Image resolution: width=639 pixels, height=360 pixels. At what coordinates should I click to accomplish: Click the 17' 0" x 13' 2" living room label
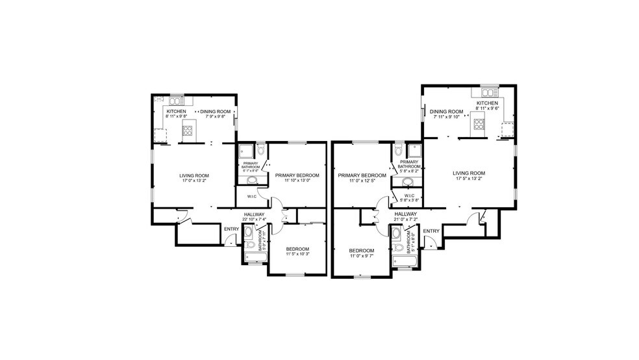tap(194, 178)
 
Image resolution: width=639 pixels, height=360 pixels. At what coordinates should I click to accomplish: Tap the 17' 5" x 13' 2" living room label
tap(469, 175)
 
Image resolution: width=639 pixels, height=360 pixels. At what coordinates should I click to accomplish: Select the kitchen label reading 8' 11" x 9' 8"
tap(175, 114)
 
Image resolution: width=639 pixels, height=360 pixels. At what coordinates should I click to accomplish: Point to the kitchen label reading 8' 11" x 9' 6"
tap(487, 107)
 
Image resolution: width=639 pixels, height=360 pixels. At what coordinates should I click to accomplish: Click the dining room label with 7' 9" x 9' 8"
tap(214, 114)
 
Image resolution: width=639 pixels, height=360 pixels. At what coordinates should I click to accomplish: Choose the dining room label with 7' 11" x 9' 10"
tap(446, 114)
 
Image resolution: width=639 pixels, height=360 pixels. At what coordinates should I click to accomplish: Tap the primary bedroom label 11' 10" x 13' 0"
tap(297, 178)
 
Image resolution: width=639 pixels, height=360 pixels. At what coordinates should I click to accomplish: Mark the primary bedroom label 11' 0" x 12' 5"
tap(361, 178)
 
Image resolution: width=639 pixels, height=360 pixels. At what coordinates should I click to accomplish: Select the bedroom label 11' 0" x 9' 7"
tap(361, 253)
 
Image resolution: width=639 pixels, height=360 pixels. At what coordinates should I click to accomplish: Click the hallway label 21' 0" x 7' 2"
tap(405, 216)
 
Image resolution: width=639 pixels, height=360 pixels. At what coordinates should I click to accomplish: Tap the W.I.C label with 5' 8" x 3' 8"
tap(409, 198)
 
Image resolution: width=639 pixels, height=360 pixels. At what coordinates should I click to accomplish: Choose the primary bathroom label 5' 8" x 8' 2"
tap(408, 167)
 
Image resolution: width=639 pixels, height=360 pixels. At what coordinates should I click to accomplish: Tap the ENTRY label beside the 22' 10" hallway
tap(231, 229)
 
